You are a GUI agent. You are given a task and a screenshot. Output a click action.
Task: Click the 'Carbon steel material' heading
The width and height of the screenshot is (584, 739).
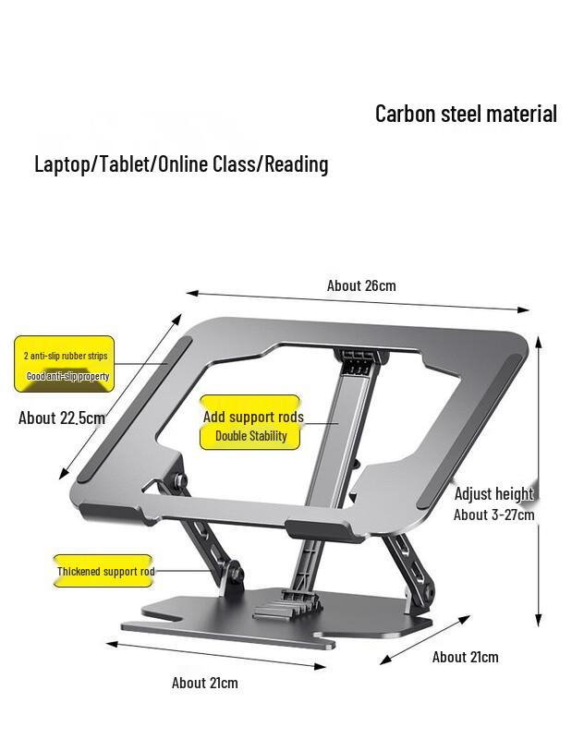(x=466, y=114)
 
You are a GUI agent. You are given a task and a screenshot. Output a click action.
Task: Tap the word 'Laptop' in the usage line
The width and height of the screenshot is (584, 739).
(x=61, y=164)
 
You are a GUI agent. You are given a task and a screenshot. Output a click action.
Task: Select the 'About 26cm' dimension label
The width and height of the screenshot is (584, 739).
(x=361, y=285)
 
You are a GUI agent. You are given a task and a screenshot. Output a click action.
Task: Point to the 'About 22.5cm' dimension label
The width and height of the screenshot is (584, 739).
(x=62, y=418)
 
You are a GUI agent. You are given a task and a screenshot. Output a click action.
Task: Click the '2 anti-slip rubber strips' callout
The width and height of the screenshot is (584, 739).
(x=66, y=356)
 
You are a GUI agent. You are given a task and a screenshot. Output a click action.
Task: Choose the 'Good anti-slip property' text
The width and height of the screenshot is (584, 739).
(x=67, y=376)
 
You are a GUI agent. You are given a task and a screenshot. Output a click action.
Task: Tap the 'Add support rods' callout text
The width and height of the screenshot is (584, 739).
(x=253, y=417)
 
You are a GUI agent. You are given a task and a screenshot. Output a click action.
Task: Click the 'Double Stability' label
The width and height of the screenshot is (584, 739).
(x=251, y=436)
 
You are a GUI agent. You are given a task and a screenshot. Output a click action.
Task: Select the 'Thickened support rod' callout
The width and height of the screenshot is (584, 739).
(x=105, y=572)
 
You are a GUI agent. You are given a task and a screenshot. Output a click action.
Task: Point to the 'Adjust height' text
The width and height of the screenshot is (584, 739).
(x=493, y=493)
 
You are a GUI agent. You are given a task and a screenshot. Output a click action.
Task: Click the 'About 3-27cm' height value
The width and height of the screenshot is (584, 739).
(x=493, y=515)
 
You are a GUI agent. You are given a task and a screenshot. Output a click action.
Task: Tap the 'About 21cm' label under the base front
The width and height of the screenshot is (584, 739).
(x=204, y=683)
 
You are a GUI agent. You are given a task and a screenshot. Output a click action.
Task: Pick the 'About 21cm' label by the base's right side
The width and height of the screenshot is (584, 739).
(x=465, y=657)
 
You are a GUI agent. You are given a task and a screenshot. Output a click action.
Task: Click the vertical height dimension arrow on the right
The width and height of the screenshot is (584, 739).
(x=539, y=480)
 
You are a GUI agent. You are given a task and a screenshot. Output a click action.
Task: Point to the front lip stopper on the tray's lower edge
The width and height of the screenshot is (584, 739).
(x=317, y=528)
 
